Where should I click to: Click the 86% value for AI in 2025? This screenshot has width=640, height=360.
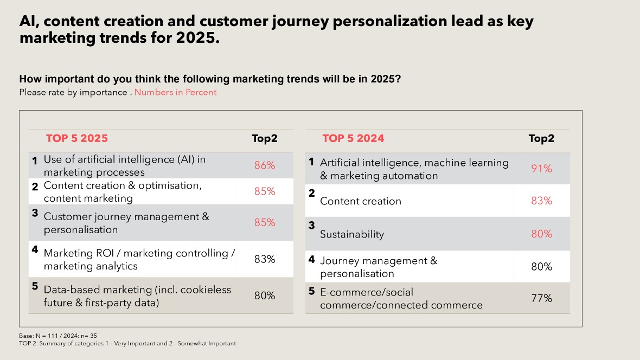265,166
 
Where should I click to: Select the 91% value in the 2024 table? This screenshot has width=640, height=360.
541,169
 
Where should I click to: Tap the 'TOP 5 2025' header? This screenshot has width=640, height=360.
77,138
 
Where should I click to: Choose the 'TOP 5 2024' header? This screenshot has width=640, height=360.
353,138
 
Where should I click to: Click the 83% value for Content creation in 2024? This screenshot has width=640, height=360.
541,201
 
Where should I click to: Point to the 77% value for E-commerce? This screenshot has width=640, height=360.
541,298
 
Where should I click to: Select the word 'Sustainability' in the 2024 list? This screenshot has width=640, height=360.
352,234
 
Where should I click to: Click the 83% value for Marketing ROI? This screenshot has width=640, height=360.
265,259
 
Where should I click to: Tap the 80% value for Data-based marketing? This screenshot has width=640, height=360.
265,295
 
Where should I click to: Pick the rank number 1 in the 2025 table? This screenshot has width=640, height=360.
35,160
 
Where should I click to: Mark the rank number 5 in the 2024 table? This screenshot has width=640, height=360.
311,291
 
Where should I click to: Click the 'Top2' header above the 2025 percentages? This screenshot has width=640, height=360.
265,138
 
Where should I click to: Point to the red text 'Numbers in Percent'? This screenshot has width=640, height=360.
175,92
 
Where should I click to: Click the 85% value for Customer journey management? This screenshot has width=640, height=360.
265,223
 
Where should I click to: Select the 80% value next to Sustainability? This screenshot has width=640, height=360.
541,234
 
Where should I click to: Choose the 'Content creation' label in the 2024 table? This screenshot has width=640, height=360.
361,201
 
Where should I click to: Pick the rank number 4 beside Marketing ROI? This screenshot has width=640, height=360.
35,250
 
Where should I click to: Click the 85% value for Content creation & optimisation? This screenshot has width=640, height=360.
265,191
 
